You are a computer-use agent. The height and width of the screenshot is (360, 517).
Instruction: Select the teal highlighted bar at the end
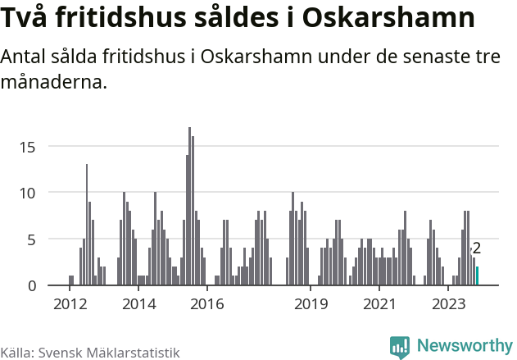click(x=477, y=276)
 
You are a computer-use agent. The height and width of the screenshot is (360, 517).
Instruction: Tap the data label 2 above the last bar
click(x=477, y=248)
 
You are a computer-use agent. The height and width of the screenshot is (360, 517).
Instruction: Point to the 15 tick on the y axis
click(x=28, y=147)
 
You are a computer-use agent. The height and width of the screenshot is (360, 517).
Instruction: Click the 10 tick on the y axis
click(x=28, y=193)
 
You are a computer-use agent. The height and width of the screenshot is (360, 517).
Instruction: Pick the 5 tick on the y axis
click(x=31, y=239)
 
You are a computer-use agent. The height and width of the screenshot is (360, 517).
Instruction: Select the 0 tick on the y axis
click(x=31, y=285)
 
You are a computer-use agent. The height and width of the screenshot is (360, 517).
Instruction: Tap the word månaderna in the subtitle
click(x=54, y=82)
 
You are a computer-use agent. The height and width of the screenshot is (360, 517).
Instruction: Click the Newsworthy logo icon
click(x=400, y=347)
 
